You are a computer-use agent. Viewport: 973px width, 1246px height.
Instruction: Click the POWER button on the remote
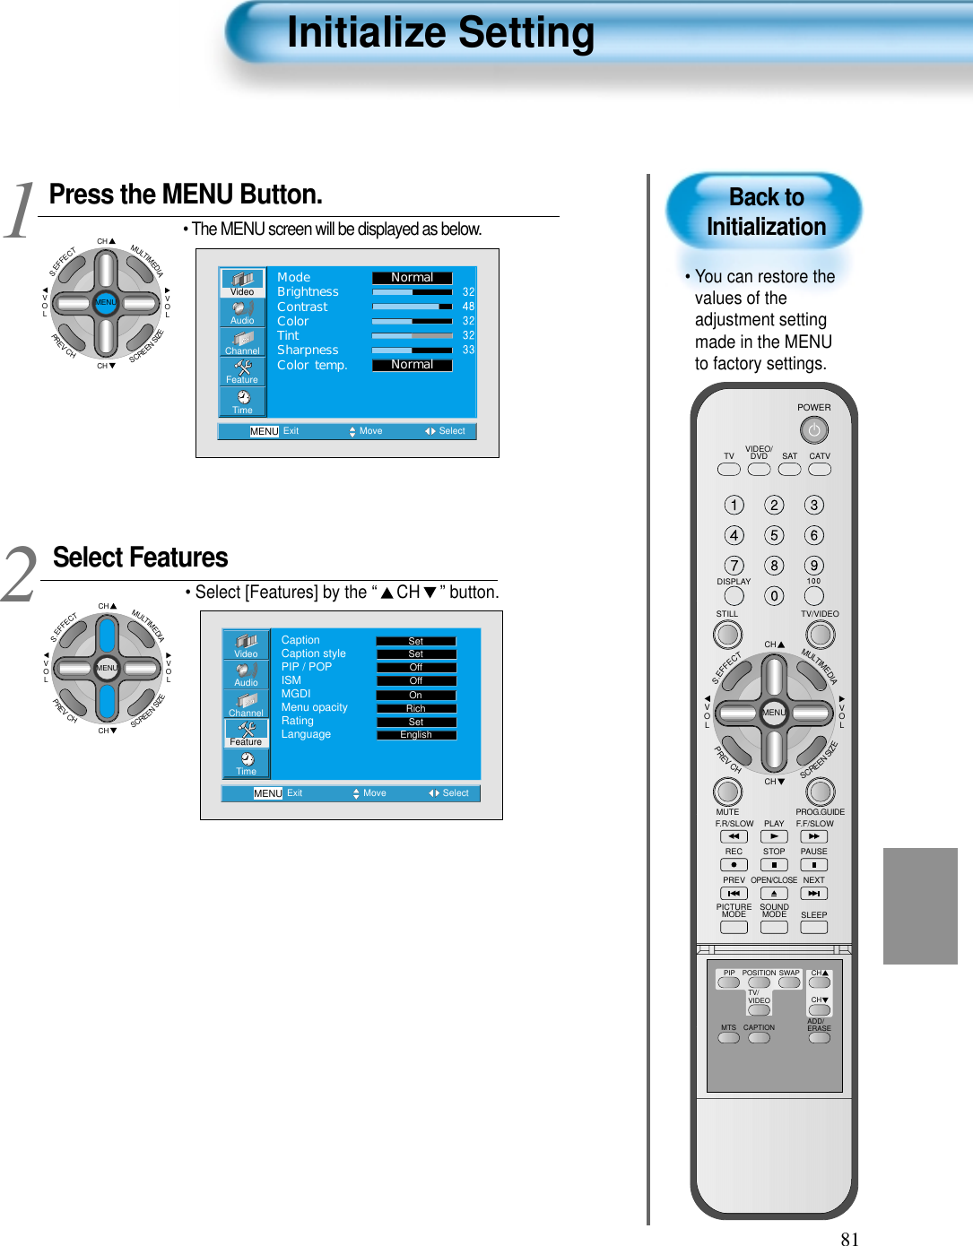[x=813, y=430]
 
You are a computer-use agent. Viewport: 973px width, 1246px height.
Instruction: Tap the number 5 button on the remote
[x=774, y=535]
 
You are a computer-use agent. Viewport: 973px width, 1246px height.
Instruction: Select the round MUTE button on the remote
[x=727, y=792]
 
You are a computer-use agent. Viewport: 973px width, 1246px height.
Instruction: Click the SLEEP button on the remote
[x=813, y=928]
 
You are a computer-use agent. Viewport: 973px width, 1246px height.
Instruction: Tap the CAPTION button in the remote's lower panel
[x=759, y=1038]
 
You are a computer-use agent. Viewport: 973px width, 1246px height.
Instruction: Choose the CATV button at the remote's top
[x=820, y=469]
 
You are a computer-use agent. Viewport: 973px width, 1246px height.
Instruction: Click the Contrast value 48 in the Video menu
[x=468, y=307]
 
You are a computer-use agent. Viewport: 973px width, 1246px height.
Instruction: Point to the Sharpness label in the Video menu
[x=308, y=350]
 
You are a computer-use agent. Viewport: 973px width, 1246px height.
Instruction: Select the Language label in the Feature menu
[x=306, y=734]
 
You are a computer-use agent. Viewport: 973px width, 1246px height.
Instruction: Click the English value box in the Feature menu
[x=416, y=735]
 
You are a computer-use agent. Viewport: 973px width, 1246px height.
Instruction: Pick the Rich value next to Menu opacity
[x=416, y=708]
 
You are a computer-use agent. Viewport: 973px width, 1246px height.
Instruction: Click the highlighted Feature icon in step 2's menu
[x=246, y=733]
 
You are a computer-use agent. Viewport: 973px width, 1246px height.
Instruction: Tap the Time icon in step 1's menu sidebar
[x=242, y=402]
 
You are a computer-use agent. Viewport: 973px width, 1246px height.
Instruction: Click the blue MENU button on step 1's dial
[x=106, y=302]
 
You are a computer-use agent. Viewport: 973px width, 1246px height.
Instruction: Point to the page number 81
[x=849, y=1239]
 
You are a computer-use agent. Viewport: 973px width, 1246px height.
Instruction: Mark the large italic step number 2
[x=20, y=575]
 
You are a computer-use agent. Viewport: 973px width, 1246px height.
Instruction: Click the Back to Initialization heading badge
[x=765, y=212]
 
